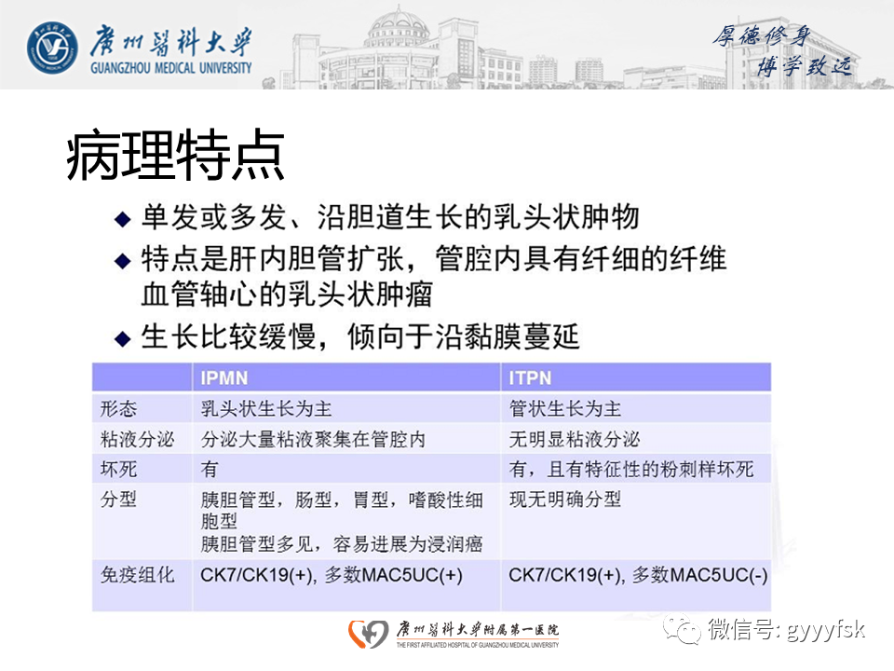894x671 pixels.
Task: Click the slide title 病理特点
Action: pos(175,157)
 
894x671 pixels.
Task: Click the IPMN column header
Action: pos(224,378)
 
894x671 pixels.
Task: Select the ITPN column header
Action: pos(531,378)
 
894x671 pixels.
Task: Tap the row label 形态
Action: pos(118,409)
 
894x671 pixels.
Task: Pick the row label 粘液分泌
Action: pos(137,439)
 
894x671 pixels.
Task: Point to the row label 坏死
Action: pos(118,469)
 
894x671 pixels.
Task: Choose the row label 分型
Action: pos(118,500)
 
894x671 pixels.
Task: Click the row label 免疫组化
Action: pos(137,574)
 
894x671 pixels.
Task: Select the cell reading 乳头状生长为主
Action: pos(266,409)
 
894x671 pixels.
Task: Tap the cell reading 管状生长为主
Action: pos(565,409)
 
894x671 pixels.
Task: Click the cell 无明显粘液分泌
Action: pos(575,439)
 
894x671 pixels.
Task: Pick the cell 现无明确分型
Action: pos(565,500)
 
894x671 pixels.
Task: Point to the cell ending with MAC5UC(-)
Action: pos(638,575)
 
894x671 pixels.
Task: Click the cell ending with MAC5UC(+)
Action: pos(332,575)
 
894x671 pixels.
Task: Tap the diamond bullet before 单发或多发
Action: pos(121,220)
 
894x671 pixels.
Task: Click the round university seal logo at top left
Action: pos(52,45)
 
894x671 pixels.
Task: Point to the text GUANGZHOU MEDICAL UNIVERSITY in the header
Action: pos(171,68)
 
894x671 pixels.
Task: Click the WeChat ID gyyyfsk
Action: pos(823,629)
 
